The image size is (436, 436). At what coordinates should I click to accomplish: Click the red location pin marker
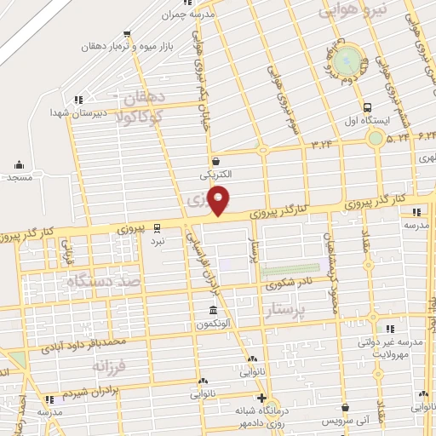(x=220, y=199)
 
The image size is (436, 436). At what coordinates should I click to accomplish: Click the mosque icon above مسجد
(x=19, y=164)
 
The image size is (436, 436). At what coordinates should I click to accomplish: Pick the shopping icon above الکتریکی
(x=215, y=161)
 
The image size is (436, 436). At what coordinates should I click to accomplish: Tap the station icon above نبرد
(x=157, y=227)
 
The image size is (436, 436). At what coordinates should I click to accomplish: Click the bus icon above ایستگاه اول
(x=367, y=108)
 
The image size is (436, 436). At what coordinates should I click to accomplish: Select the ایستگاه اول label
(x=367, y=121)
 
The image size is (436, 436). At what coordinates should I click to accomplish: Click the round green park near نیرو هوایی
(x=346, y=62)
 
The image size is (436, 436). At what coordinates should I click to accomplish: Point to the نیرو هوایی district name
(x=352, y=9)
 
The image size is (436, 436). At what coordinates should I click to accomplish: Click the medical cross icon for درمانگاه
(x=262, y=398)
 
